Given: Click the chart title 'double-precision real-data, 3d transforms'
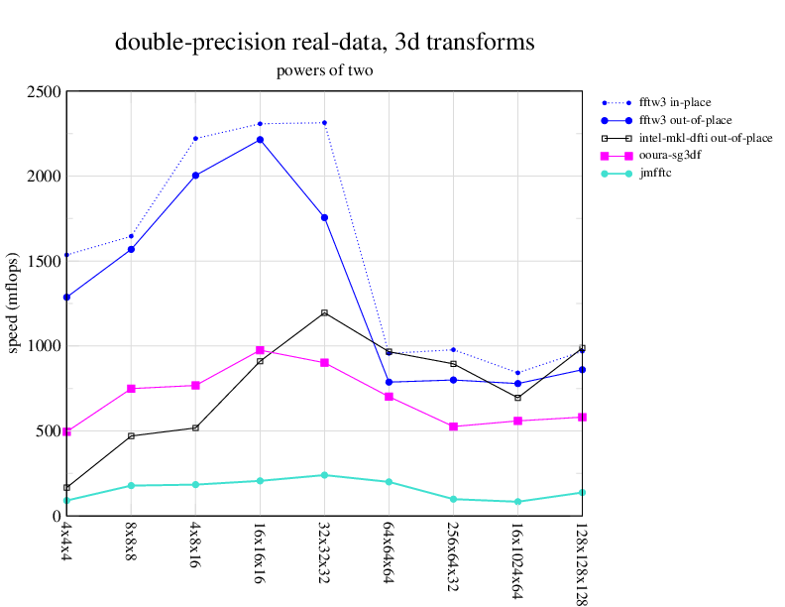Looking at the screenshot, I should tap(325, 43).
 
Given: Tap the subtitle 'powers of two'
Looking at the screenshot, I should tap(324, 70).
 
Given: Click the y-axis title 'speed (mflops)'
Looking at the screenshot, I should tap(14, 303).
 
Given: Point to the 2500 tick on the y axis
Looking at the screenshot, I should tap(45, 91).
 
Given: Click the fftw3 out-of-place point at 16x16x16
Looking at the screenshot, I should tap(260, 140).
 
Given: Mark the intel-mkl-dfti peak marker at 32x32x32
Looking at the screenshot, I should tap(324, 313).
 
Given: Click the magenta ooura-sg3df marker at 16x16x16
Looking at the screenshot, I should tap(260, 350).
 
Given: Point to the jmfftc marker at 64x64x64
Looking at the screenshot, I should tap(389, 482).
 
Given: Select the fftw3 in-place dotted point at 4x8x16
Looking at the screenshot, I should tap(195, 138).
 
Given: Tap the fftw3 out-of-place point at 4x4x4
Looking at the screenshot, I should tap(66, 298).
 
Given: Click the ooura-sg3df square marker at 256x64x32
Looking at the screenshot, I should tap(453, 426).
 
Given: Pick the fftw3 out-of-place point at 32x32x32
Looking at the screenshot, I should tap(324, 217).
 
